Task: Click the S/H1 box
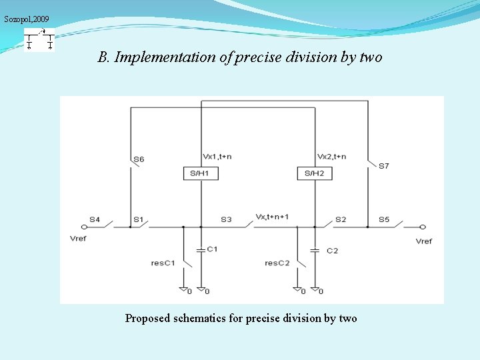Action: point(201,173)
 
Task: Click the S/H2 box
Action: point(314,173)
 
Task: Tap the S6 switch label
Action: point(139,159)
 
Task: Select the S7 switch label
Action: point(384,165)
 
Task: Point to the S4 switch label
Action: point(95,219)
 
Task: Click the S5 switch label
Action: point(384,219)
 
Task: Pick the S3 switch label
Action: point(226,219)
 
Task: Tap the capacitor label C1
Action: point(212,249)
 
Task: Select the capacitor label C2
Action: point(332,251)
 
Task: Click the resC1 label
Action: point(163,263)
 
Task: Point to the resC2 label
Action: point(277,263)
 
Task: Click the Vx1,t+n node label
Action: point(217,157)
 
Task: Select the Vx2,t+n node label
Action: point(331,157)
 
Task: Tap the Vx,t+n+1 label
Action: point(272,217)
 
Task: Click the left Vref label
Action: point(78,238)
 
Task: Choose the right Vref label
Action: point(423,241)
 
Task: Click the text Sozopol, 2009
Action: point(27,19)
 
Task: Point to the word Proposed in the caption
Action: point(147,319)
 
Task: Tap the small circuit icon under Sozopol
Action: point(39,41)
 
